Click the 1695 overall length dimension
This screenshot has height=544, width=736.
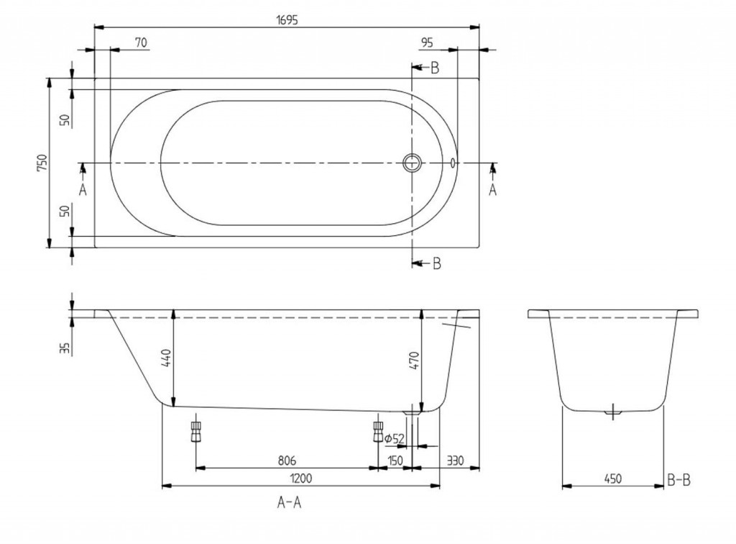(287, 20)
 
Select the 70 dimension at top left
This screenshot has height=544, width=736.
(141, 42)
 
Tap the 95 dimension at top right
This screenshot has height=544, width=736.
(427, 42)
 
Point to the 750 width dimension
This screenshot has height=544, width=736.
(42, 163)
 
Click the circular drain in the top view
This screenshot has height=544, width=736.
(412, 163)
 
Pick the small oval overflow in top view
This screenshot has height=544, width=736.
(453, 163)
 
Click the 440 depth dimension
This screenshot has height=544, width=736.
(167, 358)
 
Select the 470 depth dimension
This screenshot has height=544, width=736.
(414, 361)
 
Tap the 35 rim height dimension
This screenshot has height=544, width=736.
(65, 348)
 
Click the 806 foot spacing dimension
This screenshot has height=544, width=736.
(287, 461)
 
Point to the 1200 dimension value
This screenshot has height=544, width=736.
(301, 479)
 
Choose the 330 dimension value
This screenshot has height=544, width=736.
(455, 461)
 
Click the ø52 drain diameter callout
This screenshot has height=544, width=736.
(395, 439)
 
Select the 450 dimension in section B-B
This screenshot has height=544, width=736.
(612, 479)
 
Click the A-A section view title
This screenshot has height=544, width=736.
(289, 503)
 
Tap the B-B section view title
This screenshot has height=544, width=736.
(678, 480)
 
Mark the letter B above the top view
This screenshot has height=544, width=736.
(435, 68)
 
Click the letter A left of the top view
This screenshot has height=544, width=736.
(83, 190)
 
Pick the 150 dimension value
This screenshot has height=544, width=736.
(395, 461)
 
